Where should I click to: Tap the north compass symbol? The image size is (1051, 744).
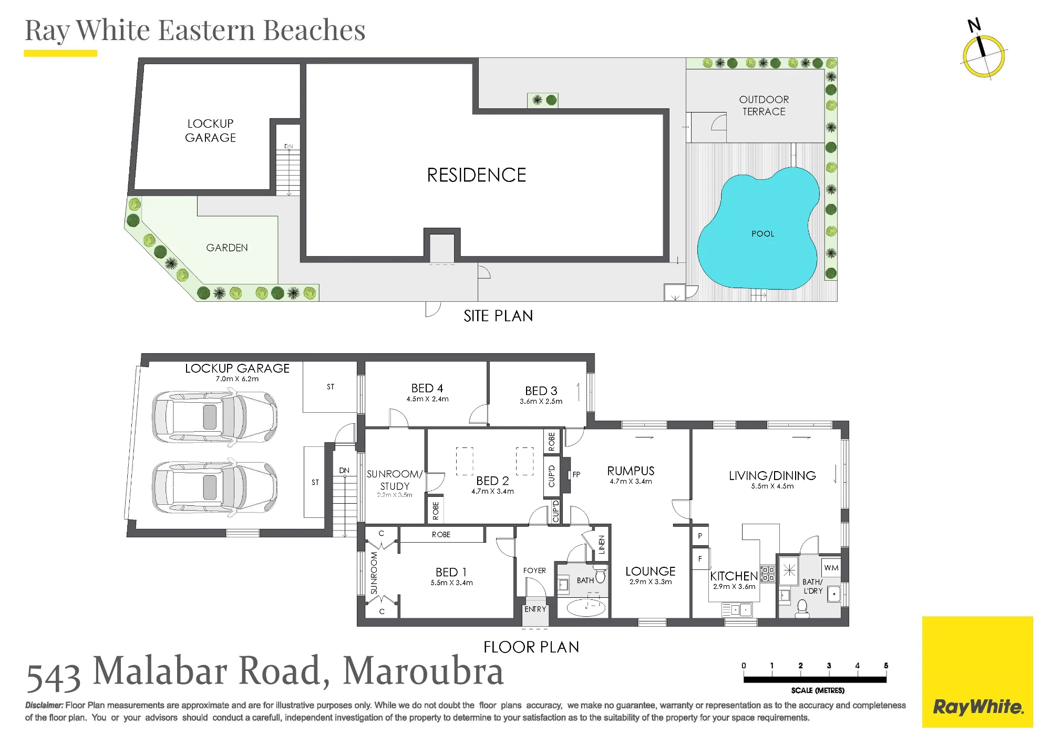[983, 53]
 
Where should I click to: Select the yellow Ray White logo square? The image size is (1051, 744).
[977, 671]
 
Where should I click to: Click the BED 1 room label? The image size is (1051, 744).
[451, 572]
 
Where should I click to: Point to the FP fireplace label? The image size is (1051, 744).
[576, 474]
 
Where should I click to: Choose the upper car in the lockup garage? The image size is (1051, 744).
[214, 417]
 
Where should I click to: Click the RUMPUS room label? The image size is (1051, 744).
[631, 471]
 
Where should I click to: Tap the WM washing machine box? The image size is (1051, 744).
[831, 568]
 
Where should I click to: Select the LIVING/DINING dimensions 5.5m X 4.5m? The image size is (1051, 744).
[772, 486]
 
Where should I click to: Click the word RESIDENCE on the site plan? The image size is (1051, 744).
[476, 175]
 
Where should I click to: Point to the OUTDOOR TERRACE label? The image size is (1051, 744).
[764, 105]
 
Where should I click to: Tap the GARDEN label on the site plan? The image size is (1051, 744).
[227, 248]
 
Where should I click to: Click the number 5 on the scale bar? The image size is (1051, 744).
[886, 666]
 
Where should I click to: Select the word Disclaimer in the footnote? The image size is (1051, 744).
[44, 706]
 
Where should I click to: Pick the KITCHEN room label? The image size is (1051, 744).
[734, 576]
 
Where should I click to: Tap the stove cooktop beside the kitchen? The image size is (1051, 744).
[768, 574]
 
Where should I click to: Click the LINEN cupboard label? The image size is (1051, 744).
[602, 545]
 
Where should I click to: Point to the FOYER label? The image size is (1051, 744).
[534, 570]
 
